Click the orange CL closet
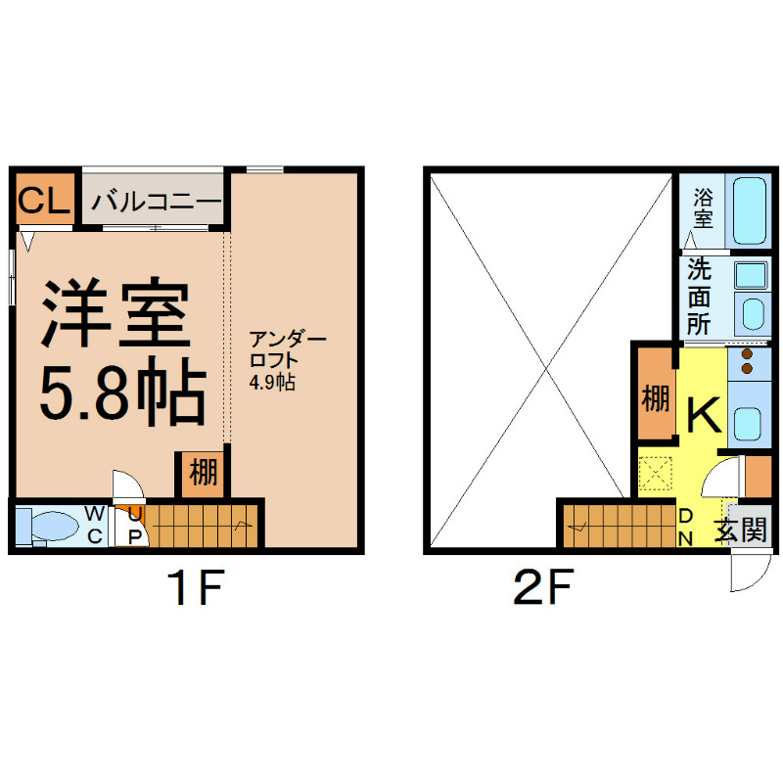pyautogui.click(x=44, y=200)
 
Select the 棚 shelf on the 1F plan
pyautogui.click(x=203, y=474)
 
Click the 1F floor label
pyautogui.click(x=196, y=589)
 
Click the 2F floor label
pyautogui.click(x=541, y=589)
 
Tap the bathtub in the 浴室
pyautogui.click(x=751, y=210)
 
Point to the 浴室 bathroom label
pyautogui.click(x=703, y=209)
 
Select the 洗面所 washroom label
pyautogui.click(x=698, y=297)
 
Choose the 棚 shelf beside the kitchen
pyautogui.click(x=655, y=400)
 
